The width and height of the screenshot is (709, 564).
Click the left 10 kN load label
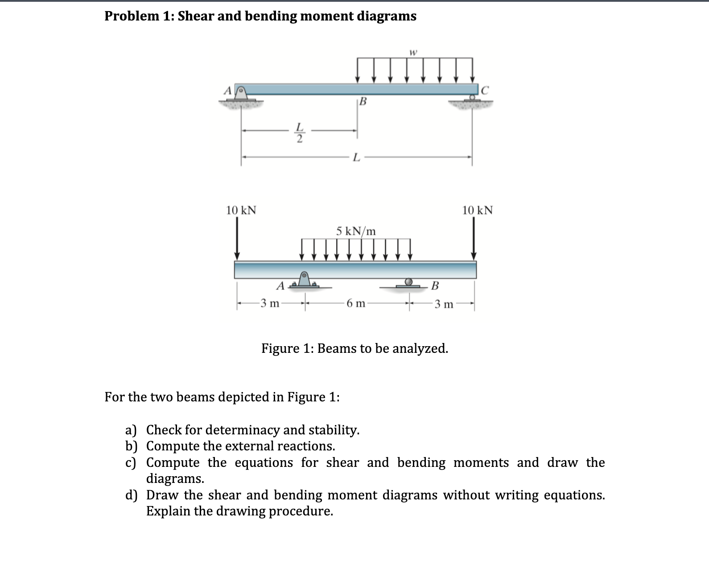[x=241, y=210]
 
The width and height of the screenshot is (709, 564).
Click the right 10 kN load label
[x=477, y=210]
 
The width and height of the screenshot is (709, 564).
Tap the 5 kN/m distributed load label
[x=356, y=231]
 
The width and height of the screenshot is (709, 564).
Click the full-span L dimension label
[x=356, y=157]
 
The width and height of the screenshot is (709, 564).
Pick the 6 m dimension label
[x=356, y=304]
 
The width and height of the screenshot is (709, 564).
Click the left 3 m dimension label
[x=270, y=304]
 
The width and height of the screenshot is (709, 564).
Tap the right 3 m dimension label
[x=444, y=304]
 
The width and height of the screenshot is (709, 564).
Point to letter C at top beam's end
[x=485, y=90]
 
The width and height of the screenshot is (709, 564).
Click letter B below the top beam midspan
[x=363, y=102]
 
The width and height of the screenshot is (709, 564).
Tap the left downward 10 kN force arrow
[x=237, y=238]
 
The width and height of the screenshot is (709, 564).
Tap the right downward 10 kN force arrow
[x=474, y=238]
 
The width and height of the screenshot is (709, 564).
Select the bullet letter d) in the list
[x=131, y=495]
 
